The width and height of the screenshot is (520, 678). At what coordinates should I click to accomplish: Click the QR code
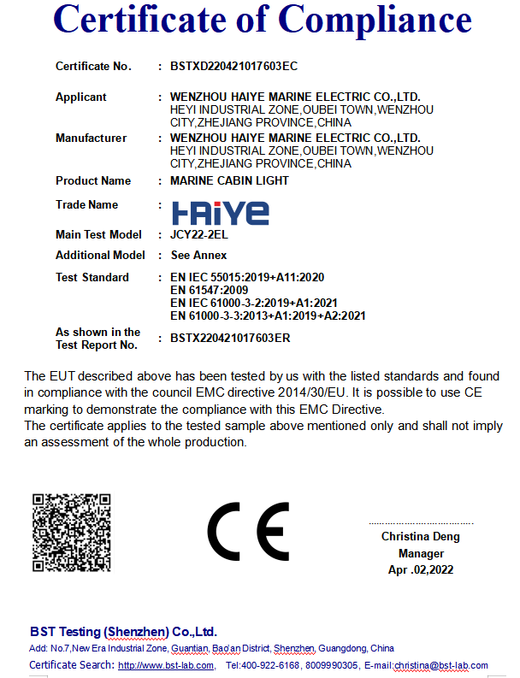click(71, 534)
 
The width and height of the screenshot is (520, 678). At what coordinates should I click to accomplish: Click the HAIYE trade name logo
click(220, 212)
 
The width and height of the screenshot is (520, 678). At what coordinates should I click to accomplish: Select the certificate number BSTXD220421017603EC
click(233, 66)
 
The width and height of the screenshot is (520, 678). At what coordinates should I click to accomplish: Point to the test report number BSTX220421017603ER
click(230, 339)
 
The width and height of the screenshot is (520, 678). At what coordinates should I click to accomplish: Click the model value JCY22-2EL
click(198, 234)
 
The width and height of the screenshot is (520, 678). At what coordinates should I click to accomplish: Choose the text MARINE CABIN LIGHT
click(229, 180)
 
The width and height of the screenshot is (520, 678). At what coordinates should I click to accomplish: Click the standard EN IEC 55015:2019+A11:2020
click(247, 277)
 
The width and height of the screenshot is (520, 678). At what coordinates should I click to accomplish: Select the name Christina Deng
click(420, 537)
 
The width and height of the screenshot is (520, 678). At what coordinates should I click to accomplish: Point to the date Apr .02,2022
click(420, 569)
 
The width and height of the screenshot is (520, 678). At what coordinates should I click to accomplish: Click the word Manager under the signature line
click(421, 553)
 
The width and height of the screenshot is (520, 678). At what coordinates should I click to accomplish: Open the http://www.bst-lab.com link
click(166, 665)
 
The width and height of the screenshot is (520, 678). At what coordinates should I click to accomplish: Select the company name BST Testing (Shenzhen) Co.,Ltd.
click(123, 632)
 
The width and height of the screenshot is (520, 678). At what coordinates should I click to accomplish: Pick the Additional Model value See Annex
click(198, 255)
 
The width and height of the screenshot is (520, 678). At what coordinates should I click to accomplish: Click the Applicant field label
click(81, 97)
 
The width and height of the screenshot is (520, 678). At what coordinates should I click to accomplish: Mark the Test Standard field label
click(92, 277)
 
